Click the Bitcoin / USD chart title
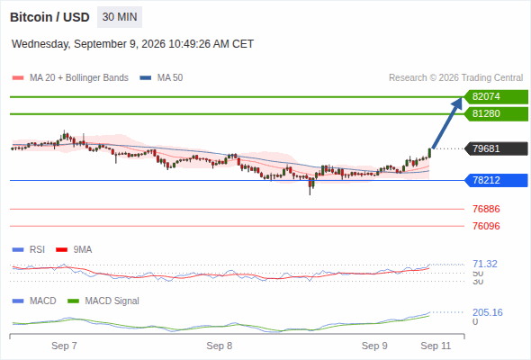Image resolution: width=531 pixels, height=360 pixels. point(49,17)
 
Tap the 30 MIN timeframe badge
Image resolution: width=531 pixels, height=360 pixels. point(120,17)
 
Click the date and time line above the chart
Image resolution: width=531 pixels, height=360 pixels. point(133,44)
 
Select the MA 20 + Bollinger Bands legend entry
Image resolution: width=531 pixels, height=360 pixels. point(70,78)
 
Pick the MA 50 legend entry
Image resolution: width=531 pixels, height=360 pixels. point(161,78)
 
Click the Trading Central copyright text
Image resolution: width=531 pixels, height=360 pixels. point(455,78)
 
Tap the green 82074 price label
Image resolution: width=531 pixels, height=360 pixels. point(496,97)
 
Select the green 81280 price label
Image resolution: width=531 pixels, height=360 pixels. point(496,113)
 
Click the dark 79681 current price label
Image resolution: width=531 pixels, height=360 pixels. point(496,148)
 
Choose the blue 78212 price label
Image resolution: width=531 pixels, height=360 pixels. point(496,180)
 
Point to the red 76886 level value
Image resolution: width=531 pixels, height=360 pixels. point(486,209)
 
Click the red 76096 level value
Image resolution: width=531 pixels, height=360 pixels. point(486,226)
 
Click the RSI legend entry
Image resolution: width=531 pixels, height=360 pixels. point(29,249)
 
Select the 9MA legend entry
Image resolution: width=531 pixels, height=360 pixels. point(74,249)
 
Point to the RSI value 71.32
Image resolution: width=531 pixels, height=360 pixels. point(485,264)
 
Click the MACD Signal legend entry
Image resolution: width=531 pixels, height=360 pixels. point(103,301)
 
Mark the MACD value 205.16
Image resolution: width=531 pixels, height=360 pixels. point(488,312)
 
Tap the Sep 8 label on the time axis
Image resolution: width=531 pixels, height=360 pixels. point(220,346)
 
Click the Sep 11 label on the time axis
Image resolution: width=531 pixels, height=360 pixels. point(436,346)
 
